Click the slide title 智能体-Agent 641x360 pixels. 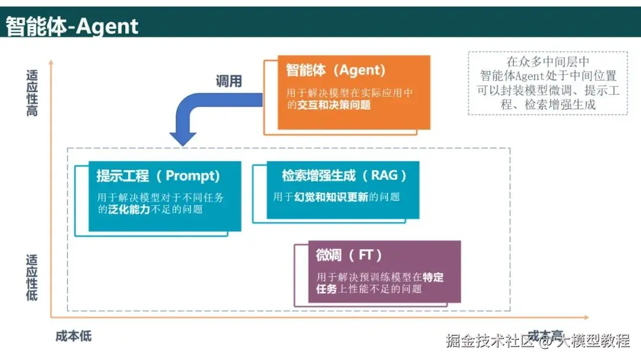click(x=72, y=26)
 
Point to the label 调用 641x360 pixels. click(x=229, y=81)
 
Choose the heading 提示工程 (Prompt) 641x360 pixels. click(x=158, y=176)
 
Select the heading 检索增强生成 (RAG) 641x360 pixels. click(x=344, y=176)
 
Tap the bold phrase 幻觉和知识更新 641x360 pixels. click(x=331, y=197)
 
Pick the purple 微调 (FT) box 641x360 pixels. click(x=385, y=271)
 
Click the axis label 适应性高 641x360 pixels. click(x=32, y=93)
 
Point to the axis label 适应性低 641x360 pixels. click(x=32, y=277)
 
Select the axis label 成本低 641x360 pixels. click(x=74, y=336)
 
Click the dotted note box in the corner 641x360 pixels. click(x=547, y=83)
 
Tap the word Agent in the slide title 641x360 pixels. click(x=107, y=26)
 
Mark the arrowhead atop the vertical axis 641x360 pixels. click(x=51, y=61)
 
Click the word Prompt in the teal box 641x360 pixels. click(x=192, y=176)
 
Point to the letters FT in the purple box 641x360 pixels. click(x=366, y=256)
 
